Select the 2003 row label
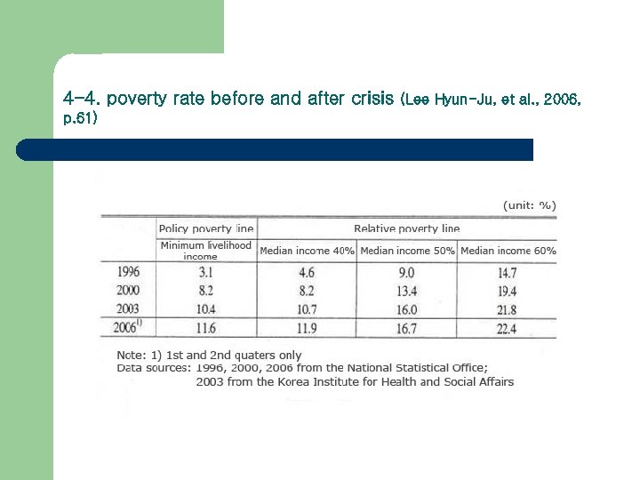click(128, 308)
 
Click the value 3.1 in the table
click(205, 273)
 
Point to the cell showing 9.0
click(405, 273)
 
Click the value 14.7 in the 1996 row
click(508, 273)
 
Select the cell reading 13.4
click(405, 291)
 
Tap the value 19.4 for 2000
click(508, 291)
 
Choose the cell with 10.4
click(205, 308)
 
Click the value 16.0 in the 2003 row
click(405, 308)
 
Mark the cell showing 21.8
click(508, 308)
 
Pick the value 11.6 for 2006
click(205, 328)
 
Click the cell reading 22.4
click(508, 328)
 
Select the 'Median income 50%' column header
click(407, 251)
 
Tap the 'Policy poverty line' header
click(205, 228)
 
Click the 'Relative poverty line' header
click(406, 228)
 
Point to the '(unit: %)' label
click(530, 204)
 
